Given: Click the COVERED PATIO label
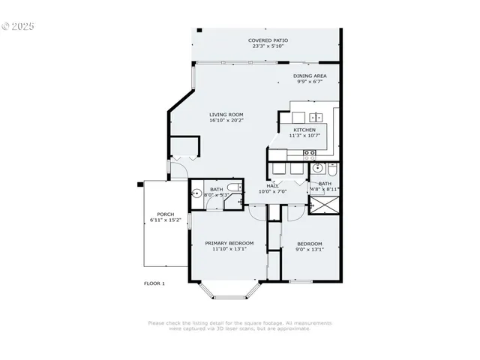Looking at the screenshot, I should point(268,40).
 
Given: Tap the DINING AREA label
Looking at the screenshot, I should point(309,76).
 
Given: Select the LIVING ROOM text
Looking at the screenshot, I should point(226,115).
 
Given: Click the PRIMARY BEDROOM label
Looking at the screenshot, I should point(229,243).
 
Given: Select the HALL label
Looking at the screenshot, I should point(272,186).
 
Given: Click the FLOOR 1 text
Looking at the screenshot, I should point(154,283).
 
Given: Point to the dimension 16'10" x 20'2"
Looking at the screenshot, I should point(226,121).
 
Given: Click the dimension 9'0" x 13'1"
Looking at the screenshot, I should point(309,250).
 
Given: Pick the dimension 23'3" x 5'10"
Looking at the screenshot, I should point(268,46).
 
